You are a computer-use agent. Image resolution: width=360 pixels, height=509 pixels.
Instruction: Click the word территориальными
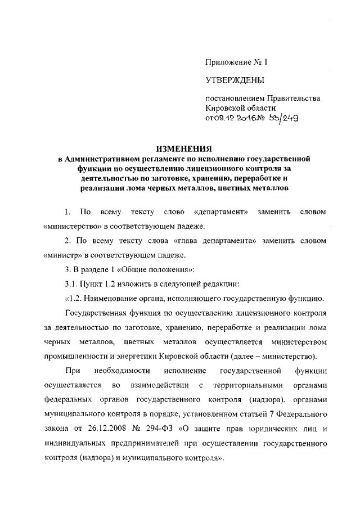coord(245,386)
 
